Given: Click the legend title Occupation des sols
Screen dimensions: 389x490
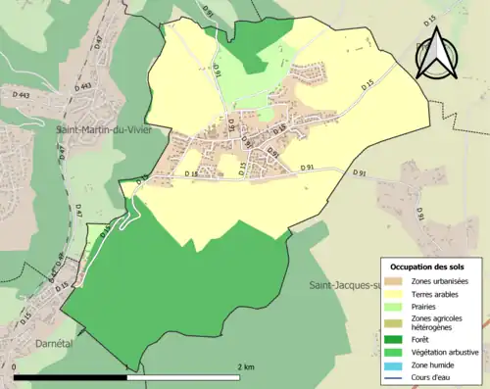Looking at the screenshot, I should pyautogui.click(x=429, y=267).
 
